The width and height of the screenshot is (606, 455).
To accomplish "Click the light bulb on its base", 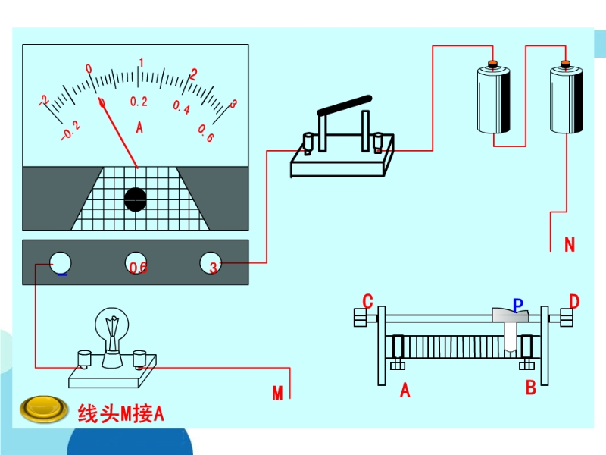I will (112, 332).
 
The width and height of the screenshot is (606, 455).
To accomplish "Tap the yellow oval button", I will (45, 410).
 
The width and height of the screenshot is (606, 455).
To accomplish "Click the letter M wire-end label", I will (277, 393).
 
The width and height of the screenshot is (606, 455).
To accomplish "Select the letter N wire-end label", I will (570, 245).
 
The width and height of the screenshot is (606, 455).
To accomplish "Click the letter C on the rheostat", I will (367, 302).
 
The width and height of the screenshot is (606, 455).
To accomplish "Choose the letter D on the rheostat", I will (573, 302).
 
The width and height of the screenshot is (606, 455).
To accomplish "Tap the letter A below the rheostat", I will (405, 391).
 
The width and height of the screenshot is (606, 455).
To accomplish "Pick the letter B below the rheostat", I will (530, 388).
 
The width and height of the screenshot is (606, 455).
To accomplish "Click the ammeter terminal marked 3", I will (211, 263).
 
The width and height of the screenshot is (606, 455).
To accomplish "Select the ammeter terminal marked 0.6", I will (136, 264).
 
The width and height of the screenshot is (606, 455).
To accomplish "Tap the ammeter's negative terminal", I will (61, 263).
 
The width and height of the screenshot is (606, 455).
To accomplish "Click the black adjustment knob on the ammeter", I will (136, 199).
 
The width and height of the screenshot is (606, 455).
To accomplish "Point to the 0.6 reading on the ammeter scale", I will (205, 133).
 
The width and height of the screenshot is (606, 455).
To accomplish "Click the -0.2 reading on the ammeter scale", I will (70, 132).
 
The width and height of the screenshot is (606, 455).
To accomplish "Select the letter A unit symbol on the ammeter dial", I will (139, 127).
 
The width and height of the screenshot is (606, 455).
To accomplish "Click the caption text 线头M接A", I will (120, 413).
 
